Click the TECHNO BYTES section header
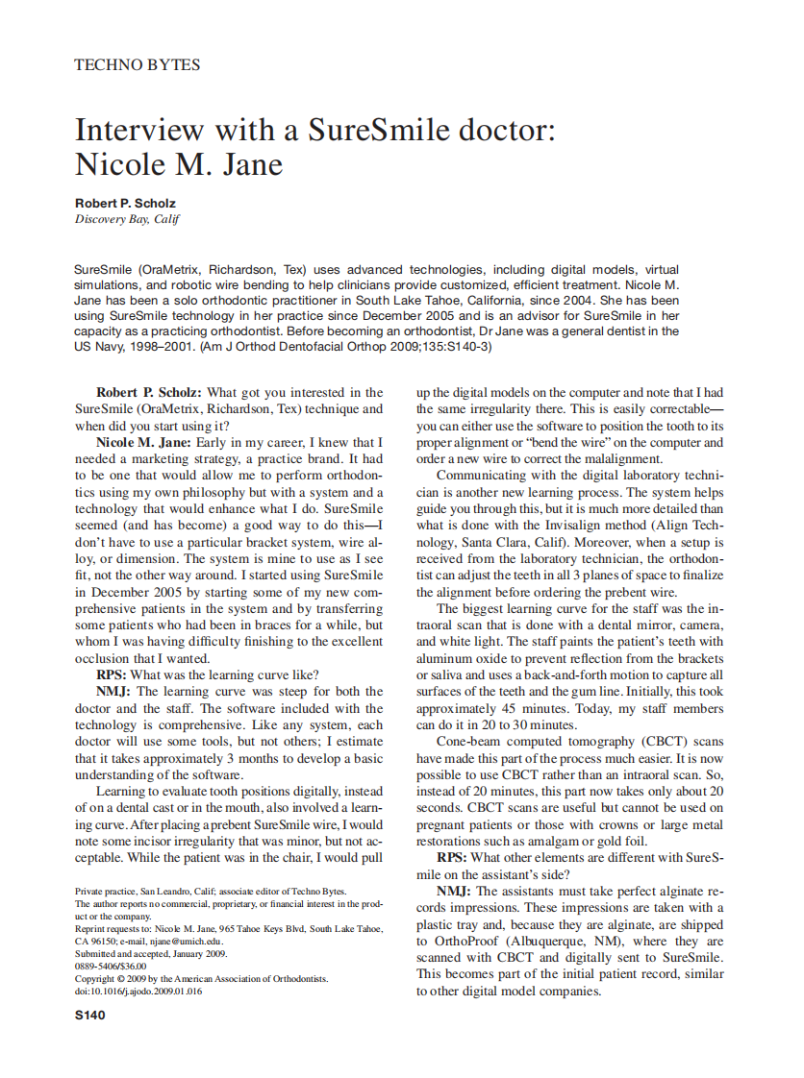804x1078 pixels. pyautogui.click(x=137, y=65)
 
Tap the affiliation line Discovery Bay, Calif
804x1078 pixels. pyautogui.click(x=127, y=219)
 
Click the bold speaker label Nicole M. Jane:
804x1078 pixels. pyautogui.click(x=144, y=443)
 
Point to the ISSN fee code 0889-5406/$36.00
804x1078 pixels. pyautogui.click(x=111, y=966)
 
